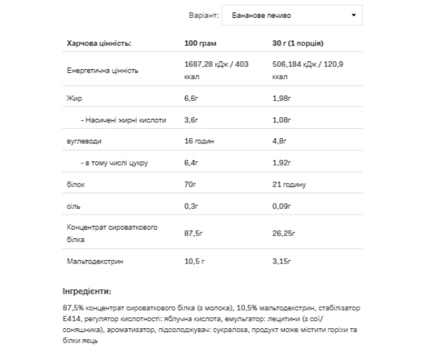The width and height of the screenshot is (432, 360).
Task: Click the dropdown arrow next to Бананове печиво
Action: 353,14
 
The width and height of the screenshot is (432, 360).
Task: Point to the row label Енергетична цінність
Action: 102,71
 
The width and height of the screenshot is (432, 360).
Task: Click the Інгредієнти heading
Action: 87,292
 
